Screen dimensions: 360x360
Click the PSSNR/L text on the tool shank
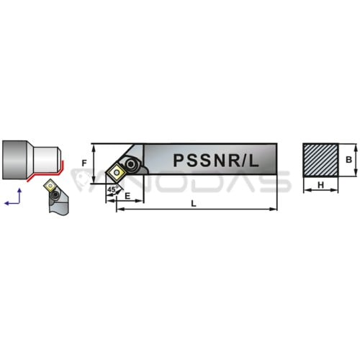coord(216,161)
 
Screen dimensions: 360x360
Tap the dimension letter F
coord(84,163)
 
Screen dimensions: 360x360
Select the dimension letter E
coord(127,196)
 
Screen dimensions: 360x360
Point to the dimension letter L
coord(194,204)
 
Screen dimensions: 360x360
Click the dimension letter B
coord(348,160)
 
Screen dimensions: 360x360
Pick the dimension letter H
coord(320,185)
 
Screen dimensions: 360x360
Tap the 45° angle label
coord(113,189)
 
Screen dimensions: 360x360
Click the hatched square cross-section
coord(320,161)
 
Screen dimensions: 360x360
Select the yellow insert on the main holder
coord(117,172)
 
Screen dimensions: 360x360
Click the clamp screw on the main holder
coord(131,164)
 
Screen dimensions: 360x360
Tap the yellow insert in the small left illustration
coord(50,185)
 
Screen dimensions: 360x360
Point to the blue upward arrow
coord(19,196)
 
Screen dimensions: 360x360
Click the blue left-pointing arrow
coord(12,203)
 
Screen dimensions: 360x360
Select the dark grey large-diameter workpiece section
coord(14,160)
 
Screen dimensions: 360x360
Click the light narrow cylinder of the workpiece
coord(46,160)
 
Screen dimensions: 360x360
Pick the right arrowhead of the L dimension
coord(274,210)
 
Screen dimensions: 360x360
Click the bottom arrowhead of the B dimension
coord(356,174)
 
